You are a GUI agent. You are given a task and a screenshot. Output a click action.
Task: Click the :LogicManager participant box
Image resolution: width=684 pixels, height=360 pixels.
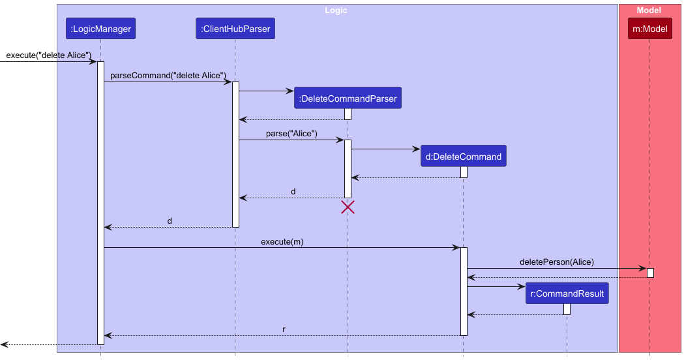tap(100, 29)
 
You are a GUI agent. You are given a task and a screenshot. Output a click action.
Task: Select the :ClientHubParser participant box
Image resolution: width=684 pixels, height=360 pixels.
tap(235, 29)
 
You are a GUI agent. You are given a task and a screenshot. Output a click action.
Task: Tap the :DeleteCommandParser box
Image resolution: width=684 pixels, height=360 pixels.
tap(348, 99)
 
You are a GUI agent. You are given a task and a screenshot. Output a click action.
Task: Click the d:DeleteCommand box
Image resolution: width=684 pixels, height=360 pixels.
tap(463, 157)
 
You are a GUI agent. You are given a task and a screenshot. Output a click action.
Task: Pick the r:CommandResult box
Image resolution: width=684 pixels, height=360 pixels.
tap(567, 294)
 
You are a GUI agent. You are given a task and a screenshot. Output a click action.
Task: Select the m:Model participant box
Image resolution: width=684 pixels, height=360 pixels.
tap(649, 29)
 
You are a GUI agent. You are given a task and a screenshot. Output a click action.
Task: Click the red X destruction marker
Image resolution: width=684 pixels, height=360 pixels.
tap(348, 207)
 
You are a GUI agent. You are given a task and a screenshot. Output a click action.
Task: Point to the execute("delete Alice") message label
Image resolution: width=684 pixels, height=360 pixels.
tap(49, 55)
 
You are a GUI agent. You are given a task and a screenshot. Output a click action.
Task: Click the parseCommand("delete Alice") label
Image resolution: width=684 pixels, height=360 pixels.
tap(168, 76)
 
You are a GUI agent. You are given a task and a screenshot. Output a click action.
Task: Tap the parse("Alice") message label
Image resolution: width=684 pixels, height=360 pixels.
tap(291, 134)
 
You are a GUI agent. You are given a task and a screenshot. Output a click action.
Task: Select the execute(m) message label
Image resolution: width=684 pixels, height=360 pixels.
tap(282, 241)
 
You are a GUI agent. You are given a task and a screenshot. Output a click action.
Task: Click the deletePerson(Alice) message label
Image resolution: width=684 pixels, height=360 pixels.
tap(556, 262)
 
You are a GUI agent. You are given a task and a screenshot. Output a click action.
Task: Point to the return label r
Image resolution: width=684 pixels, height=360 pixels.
tap(284, 329)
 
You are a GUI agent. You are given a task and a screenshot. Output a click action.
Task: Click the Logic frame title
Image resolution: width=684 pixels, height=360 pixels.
tap(336, 10)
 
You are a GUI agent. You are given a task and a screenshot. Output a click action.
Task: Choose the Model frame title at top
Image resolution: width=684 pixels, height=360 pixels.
tap(649, 10)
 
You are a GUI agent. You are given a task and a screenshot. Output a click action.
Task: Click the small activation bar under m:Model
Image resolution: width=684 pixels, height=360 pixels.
tap(650, 273)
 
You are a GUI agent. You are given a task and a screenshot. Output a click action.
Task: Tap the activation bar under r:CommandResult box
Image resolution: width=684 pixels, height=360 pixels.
tap(567, 309)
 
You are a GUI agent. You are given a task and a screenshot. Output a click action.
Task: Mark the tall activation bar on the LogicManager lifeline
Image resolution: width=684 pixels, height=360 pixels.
tap(100, 202)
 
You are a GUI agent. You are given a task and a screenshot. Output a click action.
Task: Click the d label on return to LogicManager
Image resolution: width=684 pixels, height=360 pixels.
tap(170, 221)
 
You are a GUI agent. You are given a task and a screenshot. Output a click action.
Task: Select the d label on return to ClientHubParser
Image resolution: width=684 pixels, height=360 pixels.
tap(293, 192)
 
